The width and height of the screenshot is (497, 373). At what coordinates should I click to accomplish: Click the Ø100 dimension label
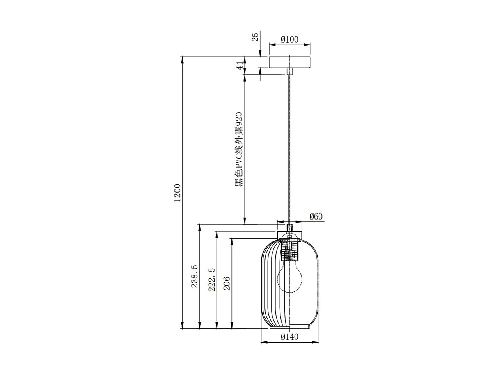pos(289,39)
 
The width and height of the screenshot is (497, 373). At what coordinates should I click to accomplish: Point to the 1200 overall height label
pos(178,193)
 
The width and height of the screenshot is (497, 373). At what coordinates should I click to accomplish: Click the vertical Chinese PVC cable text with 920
pos(239,149)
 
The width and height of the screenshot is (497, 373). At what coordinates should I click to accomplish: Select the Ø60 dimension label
pos(316,216)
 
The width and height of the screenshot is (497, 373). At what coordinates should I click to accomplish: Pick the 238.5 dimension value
pos(194,276)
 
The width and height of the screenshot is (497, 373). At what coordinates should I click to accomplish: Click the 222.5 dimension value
pos(211,278)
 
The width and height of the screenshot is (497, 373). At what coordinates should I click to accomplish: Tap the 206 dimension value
pos(227,283)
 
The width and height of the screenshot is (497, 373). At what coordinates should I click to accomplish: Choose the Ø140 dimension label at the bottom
pos(289,337)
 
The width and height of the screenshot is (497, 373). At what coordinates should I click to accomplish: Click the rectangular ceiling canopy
pos(289,62)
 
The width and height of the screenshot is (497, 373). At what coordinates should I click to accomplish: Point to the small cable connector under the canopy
pos(289,71)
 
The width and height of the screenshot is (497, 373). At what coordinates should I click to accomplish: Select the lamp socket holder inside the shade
pos(289,250)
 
